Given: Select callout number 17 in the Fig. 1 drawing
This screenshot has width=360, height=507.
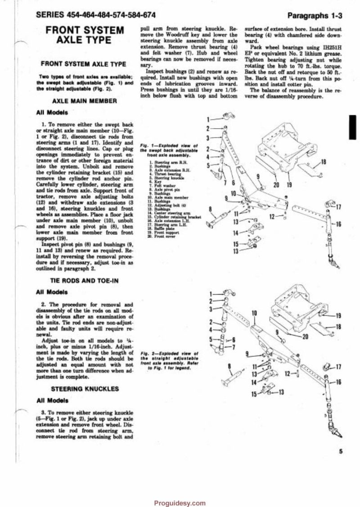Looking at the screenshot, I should pyautogui.click(x=338, y=207).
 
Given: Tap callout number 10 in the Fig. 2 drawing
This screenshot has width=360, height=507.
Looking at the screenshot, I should pyautogui.click(x=254, y=313).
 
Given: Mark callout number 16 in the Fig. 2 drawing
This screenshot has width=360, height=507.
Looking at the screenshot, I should pyautogui.click(x=338, y=381).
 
